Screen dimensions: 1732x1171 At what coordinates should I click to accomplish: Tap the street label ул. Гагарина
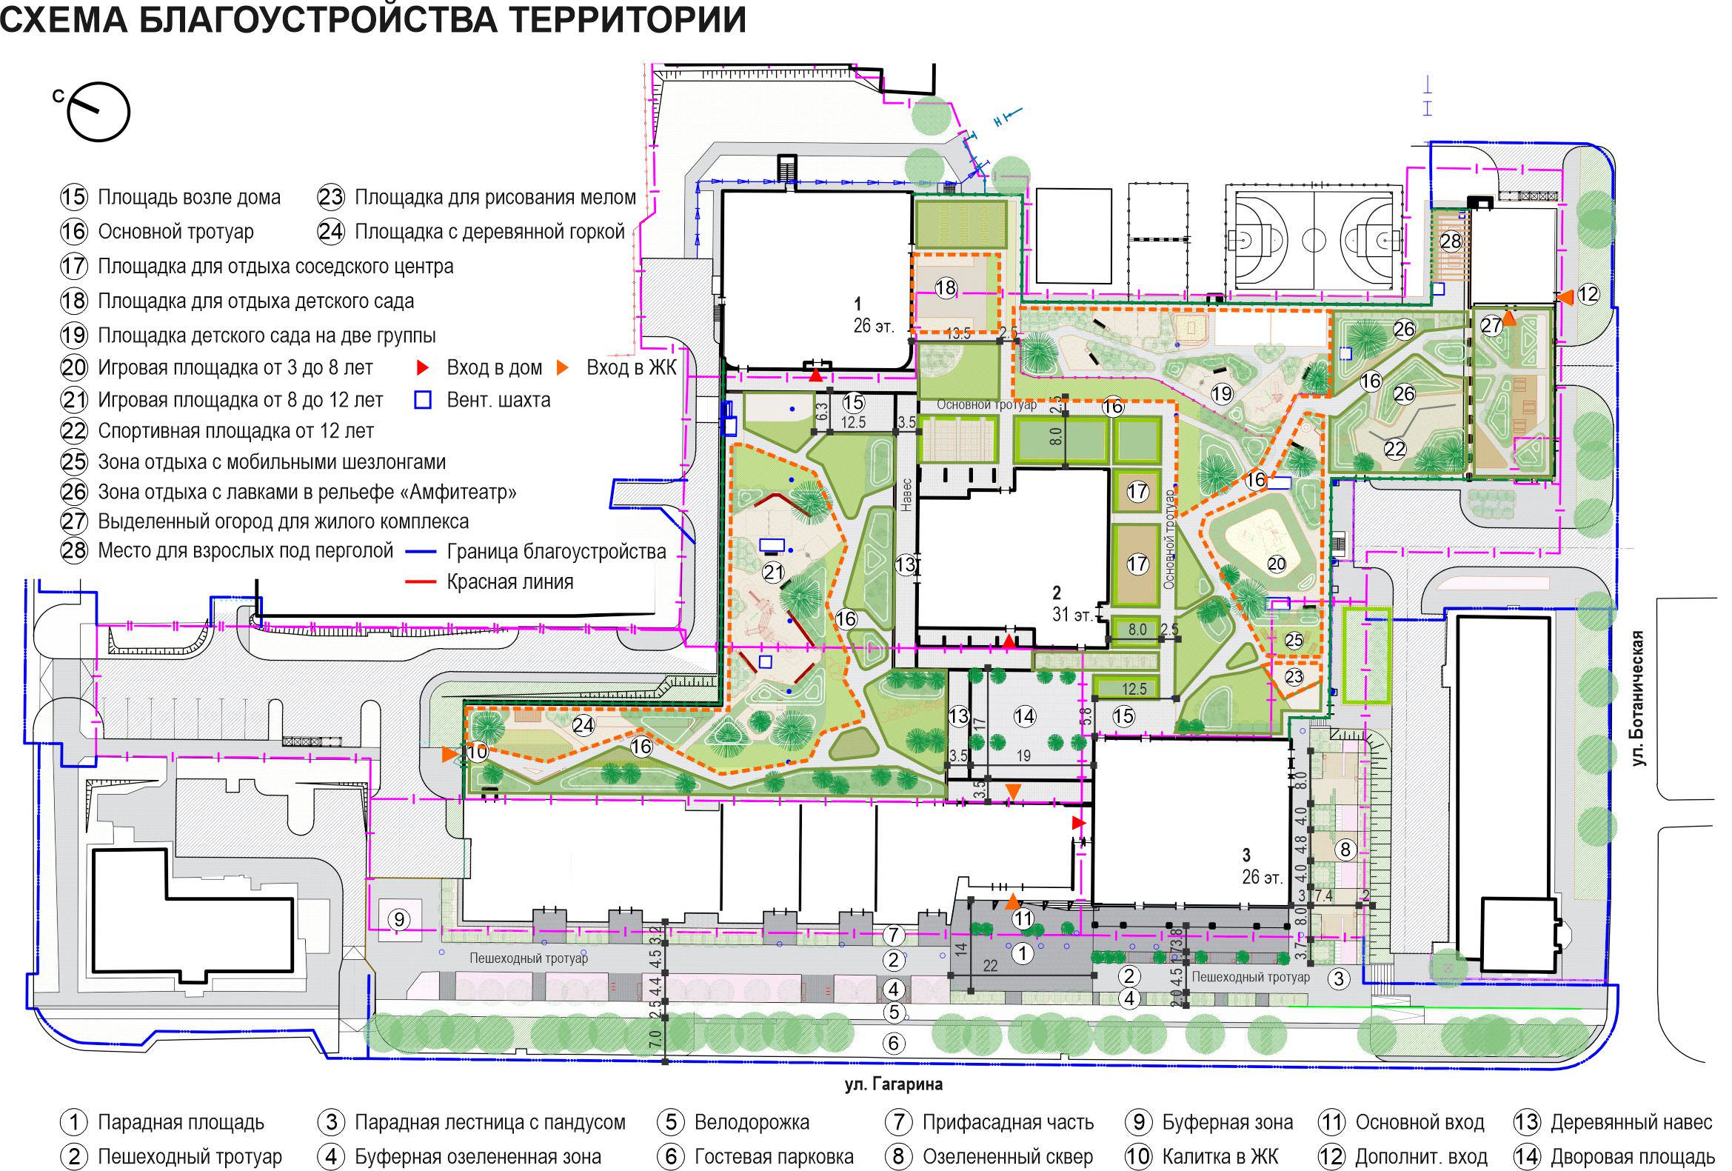(894, 1084)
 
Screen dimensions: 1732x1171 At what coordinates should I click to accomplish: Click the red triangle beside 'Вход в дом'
(423, 367)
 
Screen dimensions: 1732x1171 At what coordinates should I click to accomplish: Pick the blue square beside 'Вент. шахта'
(423, 400)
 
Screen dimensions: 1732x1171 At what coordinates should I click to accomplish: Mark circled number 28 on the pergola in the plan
(1451, 241)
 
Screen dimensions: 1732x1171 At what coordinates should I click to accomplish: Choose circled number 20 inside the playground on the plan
(1277, 564)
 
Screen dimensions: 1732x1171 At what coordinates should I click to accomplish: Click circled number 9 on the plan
(398, 920)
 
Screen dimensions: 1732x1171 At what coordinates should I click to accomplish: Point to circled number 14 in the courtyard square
(1025, 716)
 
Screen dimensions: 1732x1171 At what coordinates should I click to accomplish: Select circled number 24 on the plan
(583, 724)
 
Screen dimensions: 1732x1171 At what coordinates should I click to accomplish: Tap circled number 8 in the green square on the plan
(1345, 849)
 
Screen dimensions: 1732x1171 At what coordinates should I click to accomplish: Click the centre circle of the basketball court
(1313, 241)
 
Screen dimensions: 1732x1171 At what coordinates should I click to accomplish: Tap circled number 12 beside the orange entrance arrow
(1588, 295)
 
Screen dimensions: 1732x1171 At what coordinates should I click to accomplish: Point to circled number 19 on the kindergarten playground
(1222, 393)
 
